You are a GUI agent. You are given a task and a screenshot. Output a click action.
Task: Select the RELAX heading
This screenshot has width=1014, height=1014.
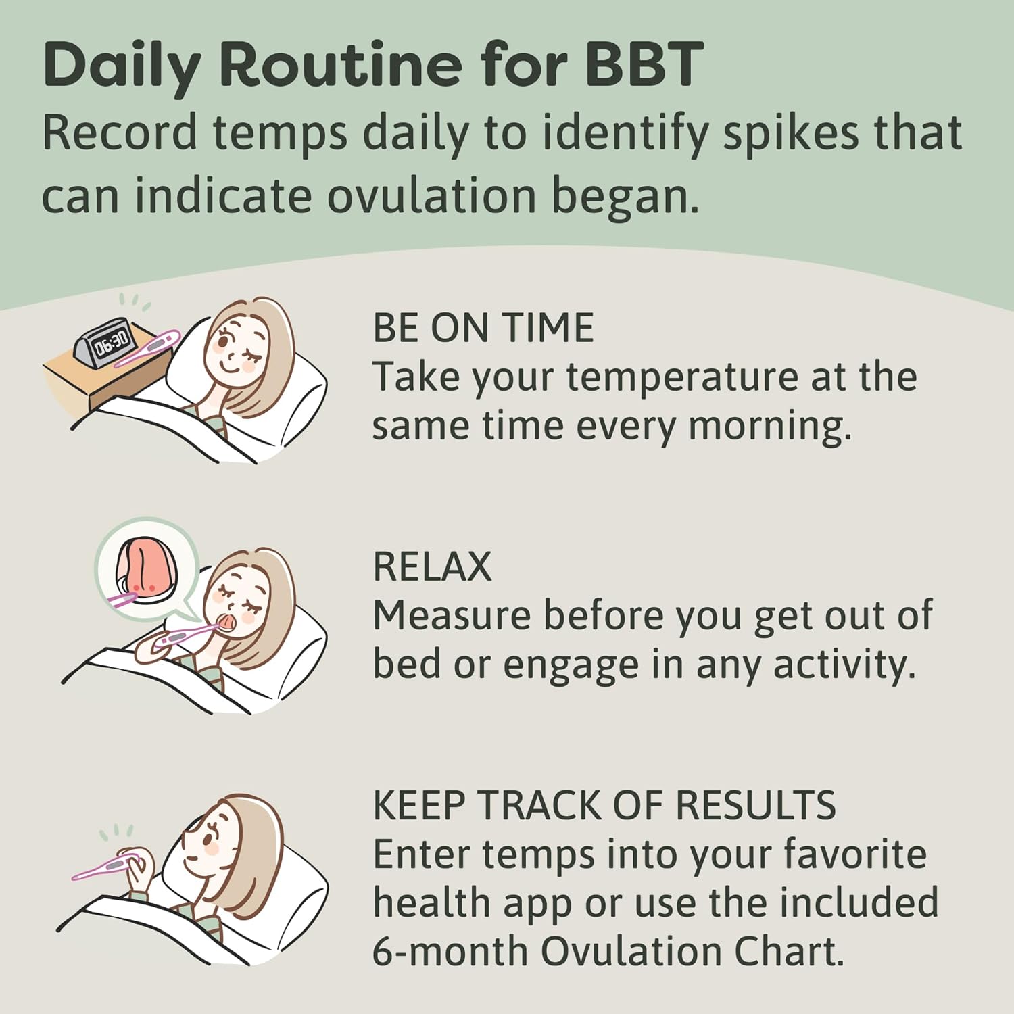coord(432,566)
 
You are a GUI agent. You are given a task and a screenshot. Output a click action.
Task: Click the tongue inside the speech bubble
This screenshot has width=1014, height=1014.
coord(145,563)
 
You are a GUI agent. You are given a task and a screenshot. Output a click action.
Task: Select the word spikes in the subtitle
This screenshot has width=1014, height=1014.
coord(790,132)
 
